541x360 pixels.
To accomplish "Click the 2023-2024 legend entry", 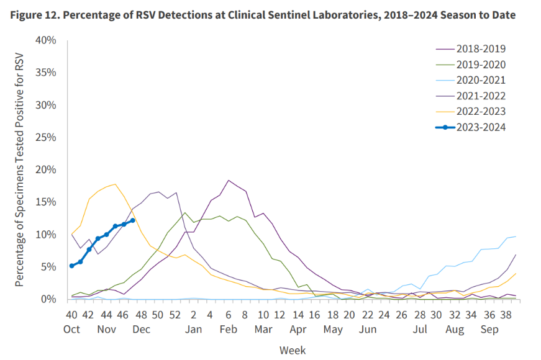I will pos(481,127).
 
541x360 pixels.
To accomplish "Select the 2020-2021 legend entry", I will pos(481,80).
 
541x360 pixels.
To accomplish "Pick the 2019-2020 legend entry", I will pos(481,64).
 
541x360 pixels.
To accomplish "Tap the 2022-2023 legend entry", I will pos(481,112).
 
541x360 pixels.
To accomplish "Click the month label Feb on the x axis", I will pos(229,328).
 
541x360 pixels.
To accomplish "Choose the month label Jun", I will pos(368,328).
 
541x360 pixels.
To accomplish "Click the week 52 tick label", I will pos(176,314).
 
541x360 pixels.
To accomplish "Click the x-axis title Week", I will pos(292,350).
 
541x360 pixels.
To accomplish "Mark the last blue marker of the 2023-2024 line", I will pos(133,220).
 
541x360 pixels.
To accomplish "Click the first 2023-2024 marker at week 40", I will pos(72,266).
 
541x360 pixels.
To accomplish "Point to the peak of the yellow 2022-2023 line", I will pos(115,184).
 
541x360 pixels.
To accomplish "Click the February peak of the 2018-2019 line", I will pos(229,180).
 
